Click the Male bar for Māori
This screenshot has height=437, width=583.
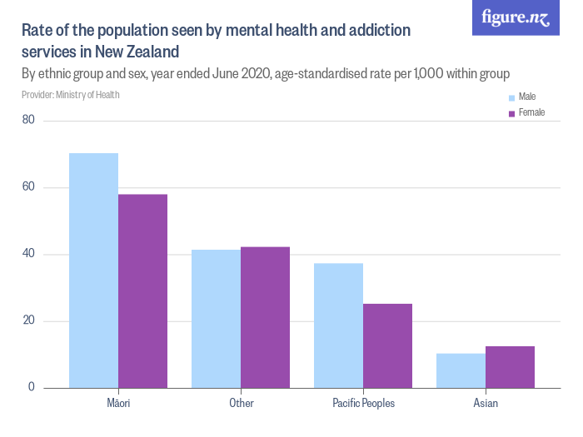tap(93, 271)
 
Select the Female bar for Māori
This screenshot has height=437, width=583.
tap(142, 291)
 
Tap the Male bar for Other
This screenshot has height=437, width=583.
tap(216, 319)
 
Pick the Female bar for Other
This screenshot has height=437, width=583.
tap(265, 317)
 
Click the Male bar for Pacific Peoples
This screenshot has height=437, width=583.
tap(338, 325)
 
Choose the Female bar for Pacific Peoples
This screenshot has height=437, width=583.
tap(387, 345)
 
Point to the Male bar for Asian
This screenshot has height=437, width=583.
tap(461, 370)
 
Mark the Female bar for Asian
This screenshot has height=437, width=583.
tap(510, 367)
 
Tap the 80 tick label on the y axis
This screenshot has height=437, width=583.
tap(28, 121)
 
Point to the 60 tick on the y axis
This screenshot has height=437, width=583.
tap(28, 187)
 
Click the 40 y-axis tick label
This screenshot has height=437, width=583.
tap(28, 254)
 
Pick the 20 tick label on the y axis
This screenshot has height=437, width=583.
tap(28, 321)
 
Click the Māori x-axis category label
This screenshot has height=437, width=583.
tap(118, 404)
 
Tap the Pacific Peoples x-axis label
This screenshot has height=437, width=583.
tap(363, 404)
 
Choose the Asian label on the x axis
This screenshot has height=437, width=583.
tap(486, 404)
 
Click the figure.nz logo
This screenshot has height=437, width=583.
tap(516, 17)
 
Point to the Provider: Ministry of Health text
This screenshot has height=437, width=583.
tap(71, 95)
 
